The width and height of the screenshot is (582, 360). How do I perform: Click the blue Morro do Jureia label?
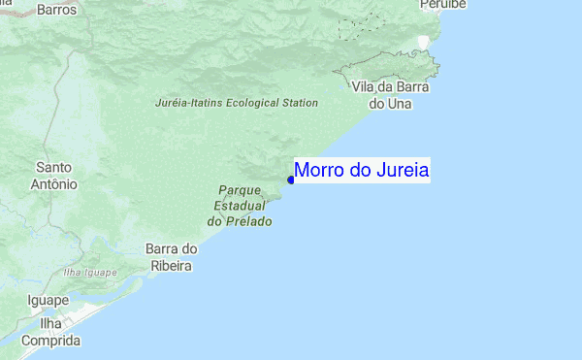click(x=362, y=171)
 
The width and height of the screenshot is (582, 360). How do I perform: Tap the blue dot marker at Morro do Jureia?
click(x=291, y=180)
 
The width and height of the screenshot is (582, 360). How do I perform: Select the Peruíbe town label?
click(x=444, y=5)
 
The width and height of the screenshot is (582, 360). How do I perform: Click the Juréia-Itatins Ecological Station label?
click(x=237, y=102)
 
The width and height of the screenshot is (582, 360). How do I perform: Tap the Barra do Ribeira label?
click(x=172, y=256)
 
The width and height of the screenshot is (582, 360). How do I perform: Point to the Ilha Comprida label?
click(x=50, y=332)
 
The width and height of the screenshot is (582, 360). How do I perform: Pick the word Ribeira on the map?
click(x=173, y=264)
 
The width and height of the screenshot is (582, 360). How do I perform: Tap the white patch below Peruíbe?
click(x=422, y=42)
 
